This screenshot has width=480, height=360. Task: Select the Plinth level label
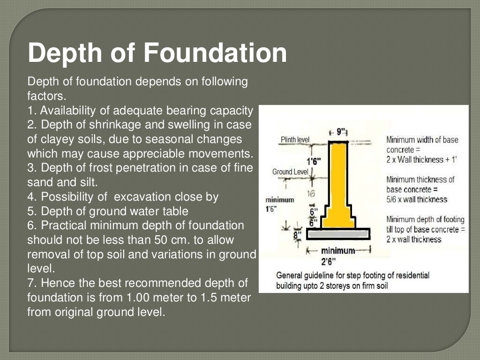295,140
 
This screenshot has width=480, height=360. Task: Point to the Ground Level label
290,172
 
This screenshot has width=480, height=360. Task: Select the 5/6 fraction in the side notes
393,199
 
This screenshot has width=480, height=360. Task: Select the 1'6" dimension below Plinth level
314,162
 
